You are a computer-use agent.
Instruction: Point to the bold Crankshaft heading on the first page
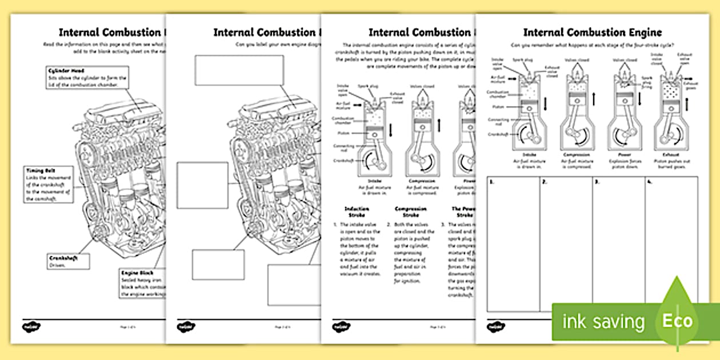click(x=63, y=258)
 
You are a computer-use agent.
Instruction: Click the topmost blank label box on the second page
click(x=239, y=70)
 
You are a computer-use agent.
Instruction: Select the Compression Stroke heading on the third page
click(x=410, y=212)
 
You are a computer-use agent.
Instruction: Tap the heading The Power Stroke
click(x=463, y=212)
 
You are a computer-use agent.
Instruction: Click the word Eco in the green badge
click(x=677, y=321)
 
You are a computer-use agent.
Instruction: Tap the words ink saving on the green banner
click(x=603, y=322)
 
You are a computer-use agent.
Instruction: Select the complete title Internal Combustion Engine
click(x=593, y=32)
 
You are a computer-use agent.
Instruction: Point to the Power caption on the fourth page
click(x=624, y=155)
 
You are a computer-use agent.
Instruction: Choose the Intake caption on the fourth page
click(x=529, y=155)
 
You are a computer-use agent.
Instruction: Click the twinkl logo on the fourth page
click(x=493, y=327)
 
